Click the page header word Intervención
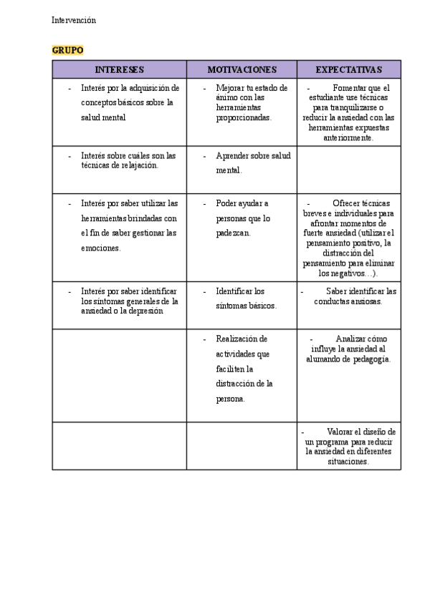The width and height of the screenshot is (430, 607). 74,21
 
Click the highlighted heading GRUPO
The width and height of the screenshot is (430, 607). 67,50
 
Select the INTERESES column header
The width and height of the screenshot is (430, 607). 119,69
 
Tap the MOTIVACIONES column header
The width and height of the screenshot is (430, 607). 242,69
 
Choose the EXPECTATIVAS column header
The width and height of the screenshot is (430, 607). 349,69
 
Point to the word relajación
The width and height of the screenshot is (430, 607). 139,165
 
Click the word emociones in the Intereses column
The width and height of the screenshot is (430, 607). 101,248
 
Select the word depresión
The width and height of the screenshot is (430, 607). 145,311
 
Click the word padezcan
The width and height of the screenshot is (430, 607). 233,232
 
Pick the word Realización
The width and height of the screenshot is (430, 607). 242,339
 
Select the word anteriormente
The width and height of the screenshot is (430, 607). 348,137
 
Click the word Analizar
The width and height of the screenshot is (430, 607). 351,339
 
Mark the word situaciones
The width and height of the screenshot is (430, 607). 348,462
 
